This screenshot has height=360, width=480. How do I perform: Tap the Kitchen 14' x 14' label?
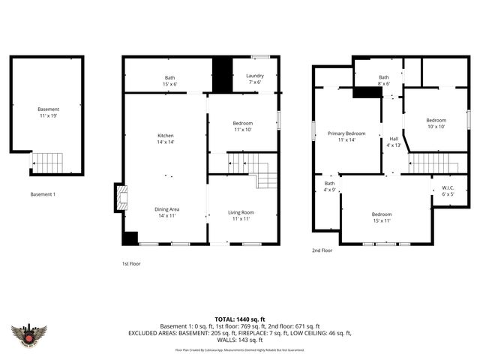coord(165,139)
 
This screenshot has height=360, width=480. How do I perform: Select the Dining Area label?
coord(166,212)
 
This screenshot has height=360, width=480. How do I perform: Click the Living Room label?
coord(241,216)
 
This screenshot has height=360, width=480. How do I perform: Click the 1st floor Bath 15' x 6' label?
coord(170,80)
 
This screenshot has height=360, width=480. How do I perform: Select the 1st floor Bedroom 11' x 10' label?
coord(242,126)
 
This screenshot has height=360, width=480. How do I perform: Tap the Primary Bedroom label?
coord(346,136)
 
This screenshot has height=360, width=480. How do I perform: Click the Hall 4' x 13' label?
coord(394,142)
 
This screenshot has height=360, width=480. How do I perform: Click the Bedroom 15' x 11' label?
coord(382,217)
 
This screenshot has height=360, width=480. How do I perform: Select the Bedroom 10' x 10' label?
coord(436,124)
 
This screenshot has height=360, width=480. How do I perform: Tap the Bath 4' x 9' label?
coord(329,186)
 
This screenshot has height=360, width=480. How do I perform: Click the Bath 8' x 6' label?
coord(384,80)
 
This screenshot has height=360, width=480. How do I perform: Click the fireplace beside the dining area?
coord(120,199)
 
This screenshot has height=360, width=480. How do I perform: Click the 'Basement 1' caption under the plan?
coord(43,195)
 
